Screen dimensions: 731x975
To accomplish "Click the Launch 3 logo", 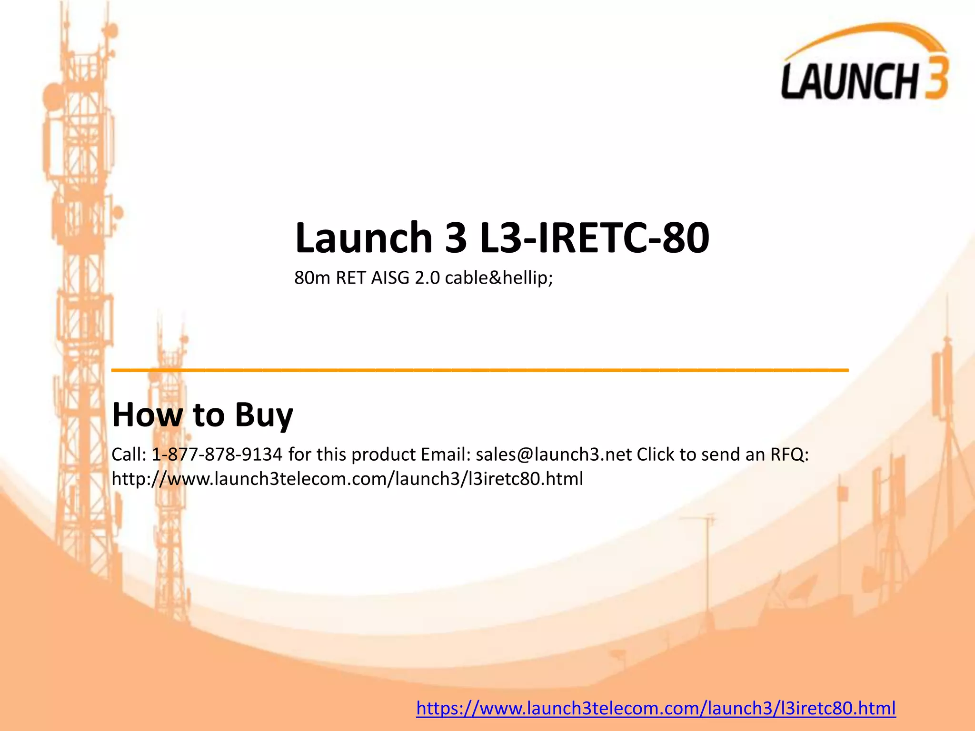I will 864,64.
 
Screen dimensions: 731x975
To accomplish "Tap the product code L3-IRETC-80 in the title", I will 595,237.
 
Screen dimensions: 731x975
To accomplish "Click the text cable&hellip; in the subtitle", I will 498,277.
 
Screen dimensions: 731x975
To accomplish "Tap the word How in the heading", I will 147,415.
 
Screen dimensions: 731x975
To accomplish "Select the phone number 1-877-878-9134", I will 217,454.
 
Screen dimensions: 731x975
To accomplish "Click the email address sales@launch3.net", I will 554,454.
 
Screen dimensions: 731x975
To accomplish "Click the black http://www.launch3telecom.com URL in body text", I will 347,479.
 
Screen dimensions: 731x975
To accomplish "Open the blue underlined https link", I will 656,708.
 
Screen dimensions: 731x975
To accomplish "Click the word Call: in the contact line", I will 129,454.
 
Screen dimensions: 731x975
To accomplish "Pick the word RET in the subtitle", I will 350,277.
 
